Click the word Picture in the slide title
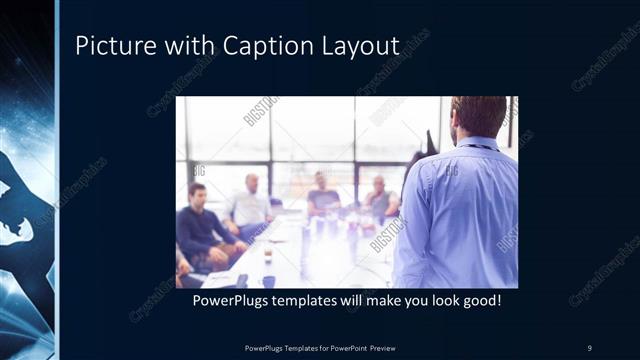pos(112,46)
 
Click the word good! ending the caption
pos(478,299)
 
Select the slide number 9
pos(589,347)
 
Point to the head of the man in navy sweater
pos(198,193)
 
